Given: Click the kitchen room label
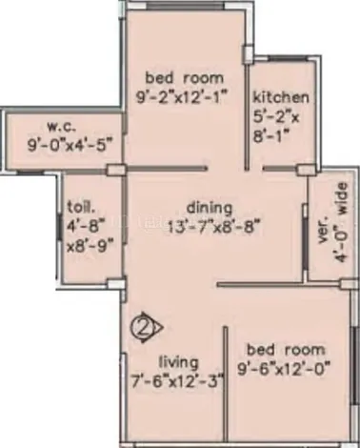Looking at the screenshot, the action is point(281,97).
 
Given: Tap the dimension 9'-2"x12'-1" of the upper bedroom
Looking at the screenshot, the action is point(183,97).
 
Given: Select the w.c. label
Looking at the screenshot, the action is point(62,127).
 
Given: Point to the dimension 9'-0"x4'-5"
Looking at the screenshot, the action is point(70,146).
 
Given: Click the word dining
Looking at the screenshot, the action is point(210,208).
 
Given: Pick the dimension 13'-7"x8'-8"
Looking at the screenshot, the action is point(213,227).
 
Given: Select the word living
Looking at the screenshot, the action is point(178,362).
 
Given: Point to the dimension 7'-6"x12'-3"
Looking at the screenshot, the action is point(178,380).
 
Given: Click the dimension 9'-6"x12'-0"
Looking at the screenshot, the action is point(284,369).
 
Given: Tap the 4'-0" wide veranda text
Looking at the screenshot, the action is point(342,222).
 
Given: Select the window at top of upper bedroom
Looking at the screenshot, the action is point(186,7).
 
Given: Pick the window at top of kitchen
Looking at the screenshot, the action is point(288,58).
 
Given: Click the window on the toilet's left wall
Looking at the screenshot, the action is point(59,228).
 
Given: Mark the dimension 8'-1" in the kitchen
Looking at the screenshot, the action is point(271,136).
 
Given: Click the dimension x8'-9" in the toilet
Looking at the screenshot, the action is point(90,246).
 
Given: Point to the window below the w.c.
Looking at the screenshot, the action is point(30,172).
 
